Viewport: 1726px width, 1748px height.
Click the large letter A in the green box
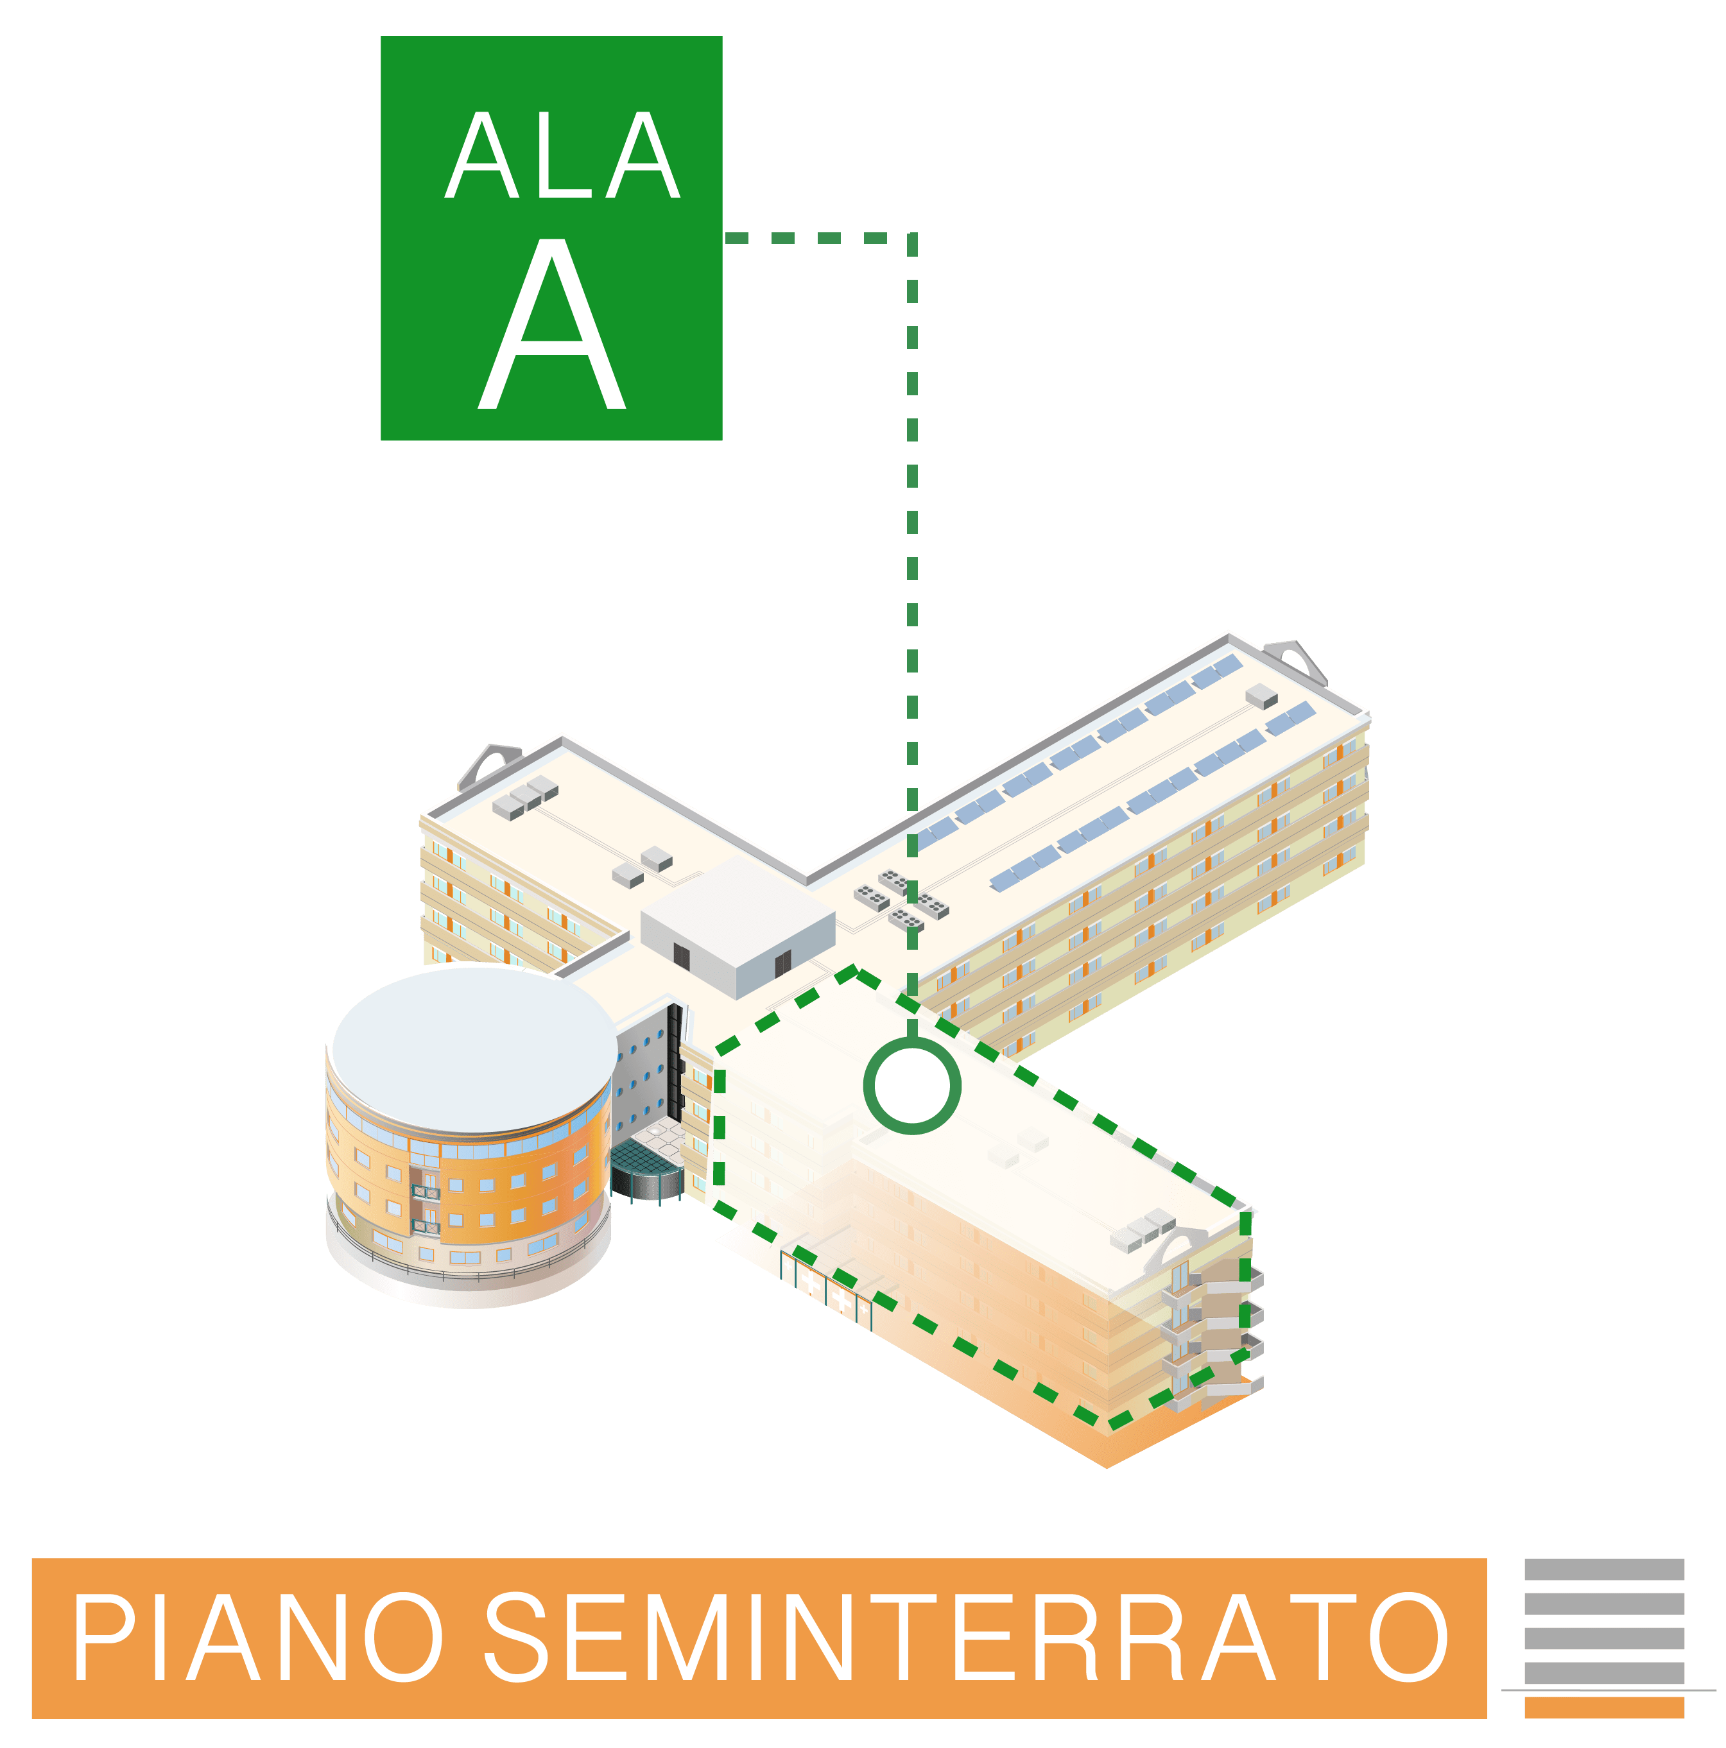(551, 324)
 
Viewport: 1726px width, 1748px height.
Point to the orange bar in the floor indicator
(1604, 1708)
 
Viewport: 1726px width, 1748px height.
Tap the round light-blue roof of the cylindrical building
(474, 1050)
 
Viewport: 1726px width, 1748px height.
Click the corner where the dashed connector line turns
(912, 238)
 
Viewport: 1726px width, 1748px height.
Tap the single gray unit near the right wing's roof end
(1261, 696)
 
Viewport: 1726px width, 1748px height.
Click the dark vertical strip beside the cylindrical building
(675, 1062)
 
